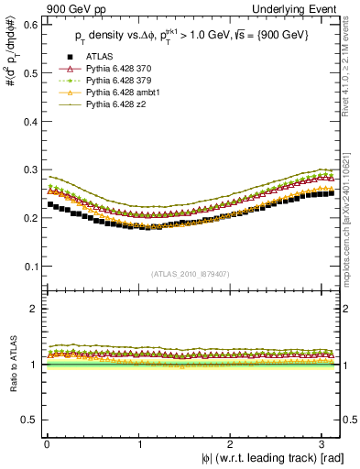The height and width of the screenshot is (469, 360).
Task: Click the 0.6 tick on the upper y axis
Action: pyautogui.click(x=27, y=24)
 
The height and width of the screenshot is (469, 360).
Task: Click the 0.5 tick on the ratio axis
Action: pyautogui.click(x=27, y=420)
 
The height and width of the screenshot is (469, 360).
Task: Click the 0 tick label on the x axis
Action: pyautogui.click(x=47, y=443)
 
